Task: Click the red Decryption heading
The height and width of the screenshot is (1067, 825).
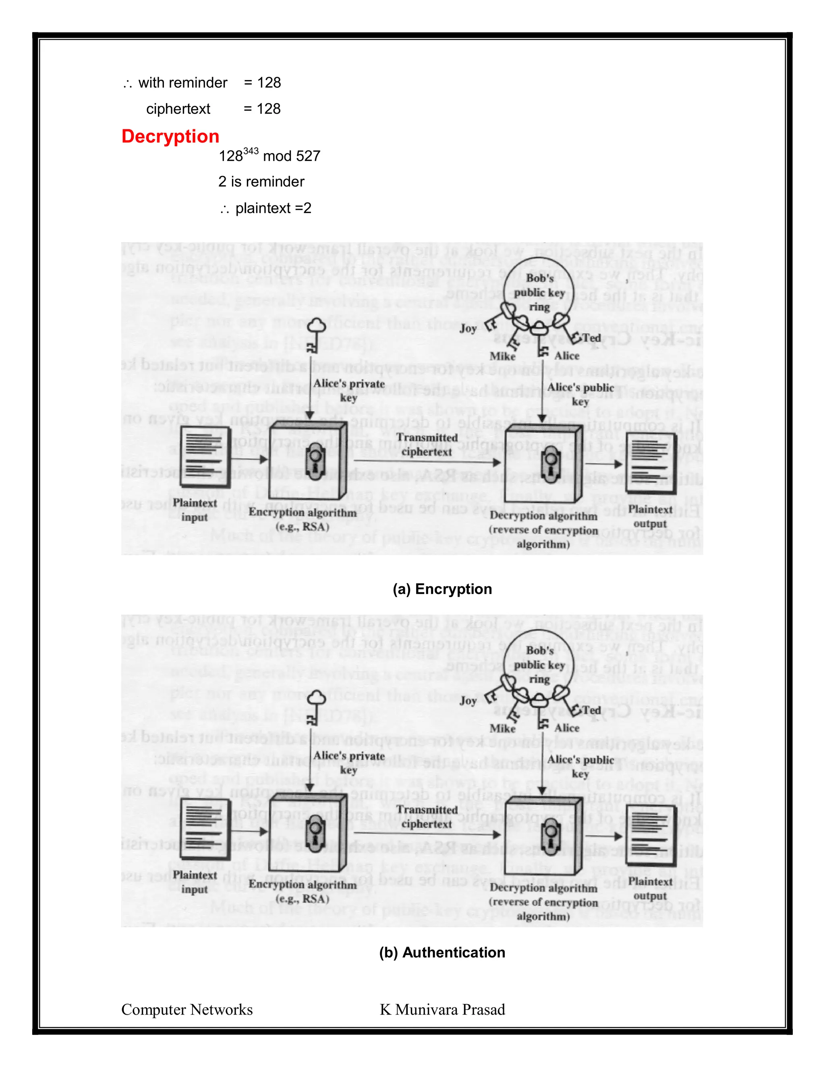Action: pos(170,136)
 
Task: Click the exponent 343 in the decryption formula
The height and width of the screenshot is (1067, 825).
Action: pos(250,151)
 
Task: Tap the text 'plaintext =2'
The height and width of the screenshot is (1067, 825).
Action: pos(273,209)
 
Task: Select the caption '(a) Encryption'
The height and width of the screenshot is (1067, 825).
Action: pos(442,589)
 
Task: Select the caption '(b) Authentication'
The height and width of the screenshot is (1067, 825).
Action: pos(442,952)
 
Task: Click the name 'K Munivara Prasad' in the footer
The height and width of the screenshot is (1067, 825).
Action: pos(442,1009)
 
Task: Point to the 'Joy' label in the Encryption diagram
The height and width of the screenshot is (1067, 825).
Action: pos(468,328)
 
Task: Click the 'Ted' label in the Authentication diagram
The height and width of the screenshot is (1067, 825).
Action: pos(591,710)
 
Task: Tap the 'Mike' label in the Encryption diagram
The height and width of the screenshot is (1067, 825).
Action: pos(502,356)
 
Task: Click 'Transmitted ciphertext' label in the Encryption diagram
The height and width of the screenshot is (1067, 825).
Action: pos(427,445)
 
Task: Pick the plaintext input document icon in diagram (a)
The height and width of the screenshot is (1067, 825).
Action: pos(205,457)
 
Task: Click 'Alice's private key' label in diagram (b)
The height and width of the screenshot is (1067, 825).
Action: pos(349,762)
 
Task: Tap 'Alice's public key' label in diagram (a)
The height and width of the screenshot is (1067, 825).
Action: pos(580,394)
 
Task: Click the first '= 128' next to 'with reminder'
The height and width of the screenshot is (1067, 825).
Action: pos(263,83)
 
